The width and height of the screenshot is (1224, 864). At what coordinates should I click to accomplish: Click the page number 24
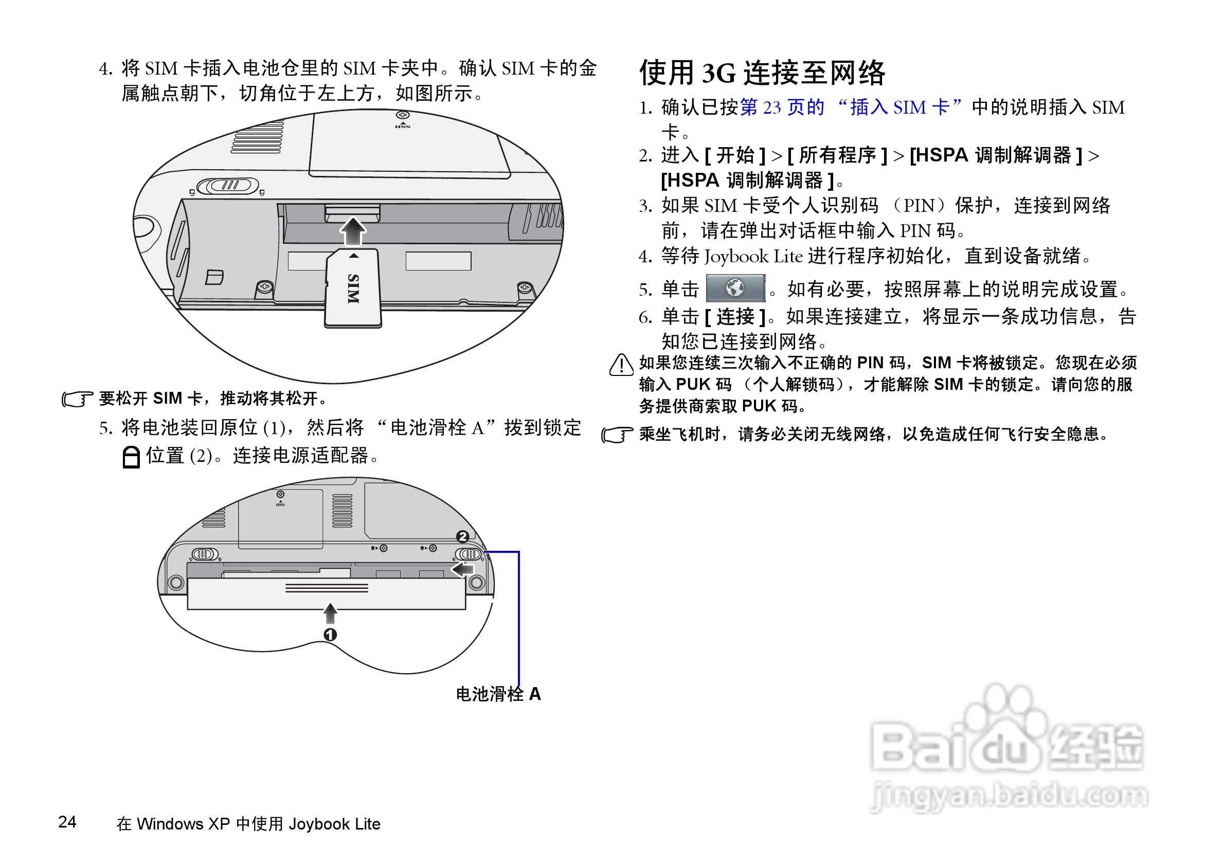click(x=67, y=821)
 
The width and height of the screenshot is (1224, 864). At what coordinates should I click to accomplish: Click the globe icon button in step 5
click(x=735, y=289)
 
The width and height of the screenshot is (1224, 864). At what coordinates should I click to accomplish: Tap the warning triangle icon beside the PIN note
click(x=621, y=365)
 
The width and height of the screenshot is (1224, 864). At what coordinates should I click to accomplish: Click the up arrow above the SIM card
click(x=353, y=230)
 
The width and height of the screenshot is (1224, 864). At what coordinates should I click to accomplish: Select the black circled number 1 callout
click(x=330, y=634)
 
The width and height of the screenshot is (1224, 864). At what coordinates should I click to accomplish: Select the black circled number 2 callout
click(x=462, y=536)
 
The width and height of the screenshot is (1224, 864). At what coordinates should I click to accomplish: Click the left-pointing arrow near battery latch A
click(x=462, y=569)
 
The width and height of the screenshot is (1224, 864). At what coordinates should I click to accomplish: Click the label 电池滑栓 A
click(x=498, y=693)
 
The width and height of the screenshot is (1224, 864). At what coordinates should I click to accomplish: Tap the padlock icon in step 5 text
click(x=131, y=457)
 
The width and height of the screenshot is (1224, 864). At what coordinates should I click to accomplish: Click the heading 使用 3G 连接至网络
click(x=762, y=73)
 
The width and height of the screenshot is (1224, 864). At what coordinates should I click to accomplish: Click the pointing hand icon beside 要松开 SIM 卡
click(x=77, y=399)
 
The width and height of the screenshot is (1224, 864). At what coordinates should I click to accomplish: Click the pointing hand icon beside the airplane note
click(x=617, y=435)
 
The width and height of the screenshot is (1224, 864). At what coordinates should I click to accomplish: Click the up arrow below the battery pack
click(x=330, y=613)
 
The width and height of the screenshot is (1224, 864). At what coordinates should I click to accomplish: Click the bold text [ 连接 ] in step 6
click(x=735, y=317)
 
